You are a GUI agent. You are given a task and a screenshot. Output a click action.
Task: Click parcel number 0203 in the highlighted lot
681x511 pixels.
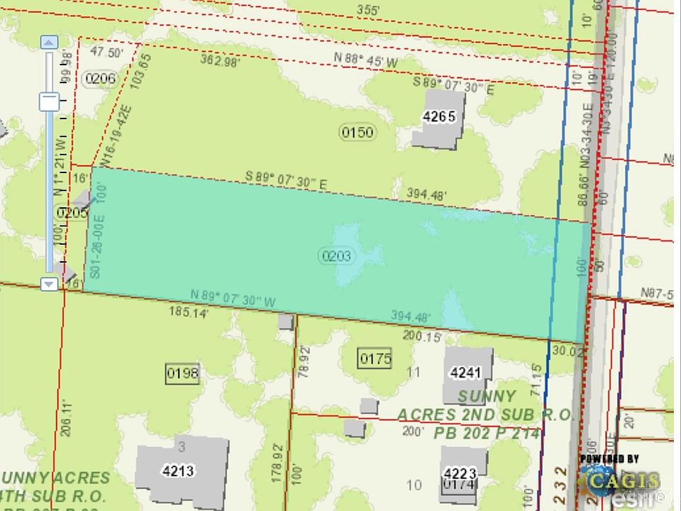[x=336, y=256]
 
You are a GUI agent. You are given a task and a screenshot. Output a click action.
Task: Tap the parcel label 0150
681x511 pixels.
[x=357, y=132]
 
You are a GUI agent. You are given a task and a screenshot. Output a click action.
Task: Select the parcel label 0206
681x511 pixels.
[x=99, y=78]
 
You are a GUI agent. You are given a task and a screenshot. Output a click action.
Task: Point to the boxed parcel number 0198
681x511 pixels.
[x=182, y=373]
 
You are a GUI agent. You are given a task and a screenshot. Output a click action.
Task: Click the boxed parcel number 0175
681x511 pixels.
[x=375, y=358]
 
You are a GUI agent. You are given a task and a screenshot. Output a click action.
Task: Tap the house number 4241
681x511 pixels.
[x=465, y=372]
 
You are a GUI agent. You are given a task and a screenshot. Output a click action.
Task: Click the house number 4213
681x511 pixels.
[x=178, y=471]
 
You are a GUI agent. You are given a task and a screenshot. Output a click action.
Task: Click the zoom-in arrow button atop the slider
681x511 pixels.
[x=49, y=42]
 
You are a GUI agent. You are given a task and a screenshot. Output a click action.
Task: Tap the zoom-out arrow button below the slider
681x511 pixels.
[x=49, y=284]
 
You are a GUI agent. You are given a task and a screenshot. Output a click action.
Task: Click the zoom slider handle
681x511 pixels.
[x=49, y=101]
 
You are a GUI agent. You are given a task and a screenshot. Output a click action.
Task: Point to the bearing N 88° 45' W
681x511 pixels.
[x=367, y=62]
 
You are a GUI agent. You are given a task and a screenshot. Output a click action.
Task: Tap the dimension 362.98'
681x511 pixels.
[x=220, y=61]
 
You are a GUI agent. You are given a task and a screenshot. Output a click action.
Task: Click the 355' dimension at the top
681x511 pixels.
[x=369, y=10]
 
